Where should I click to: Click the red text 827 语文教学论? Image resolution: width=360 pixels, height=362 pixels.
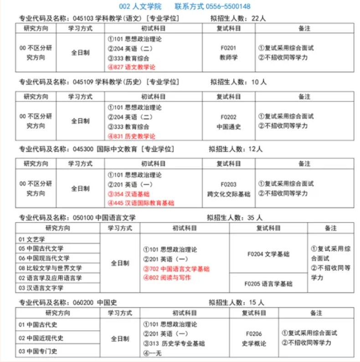[x=131, y=67]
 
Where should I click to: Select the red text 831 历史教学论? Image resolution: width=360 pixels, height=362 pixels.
[x=131, y=136]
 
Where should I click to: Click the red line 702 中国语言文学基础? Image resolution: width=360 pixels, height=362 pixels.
[x=176, y=269]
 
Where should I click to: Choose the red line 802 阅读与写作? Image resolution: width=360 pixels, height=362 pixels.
[x=166, y=277]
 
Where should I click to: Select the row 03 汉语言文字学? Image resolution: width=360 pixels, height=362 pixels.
[x=41, y=288]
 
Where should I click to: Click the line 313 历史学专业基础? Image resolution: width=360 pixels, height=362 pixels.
[x=174, y=343]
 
